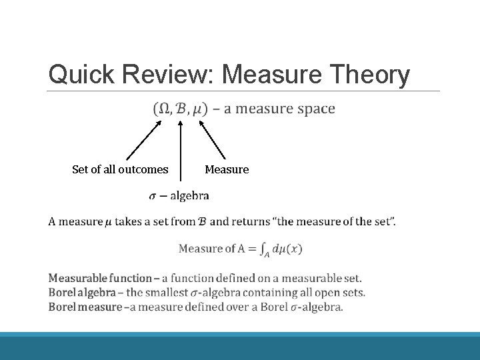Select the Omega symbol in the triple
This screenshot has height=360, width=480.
pos(164,109)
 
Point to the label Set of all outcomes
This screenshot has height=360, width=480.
pos(120,169)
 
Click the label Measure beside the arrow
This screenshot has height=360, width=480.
pos(227,169)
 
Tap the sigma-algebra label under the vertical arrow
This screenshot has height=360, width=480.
pos(179,196)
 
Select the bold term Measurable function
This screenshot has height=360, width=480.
pos(100,278)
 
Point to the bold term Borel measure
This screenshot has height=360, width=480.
pos(85,307)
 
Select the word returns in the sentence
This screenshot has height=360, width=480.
pos(251,221)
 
